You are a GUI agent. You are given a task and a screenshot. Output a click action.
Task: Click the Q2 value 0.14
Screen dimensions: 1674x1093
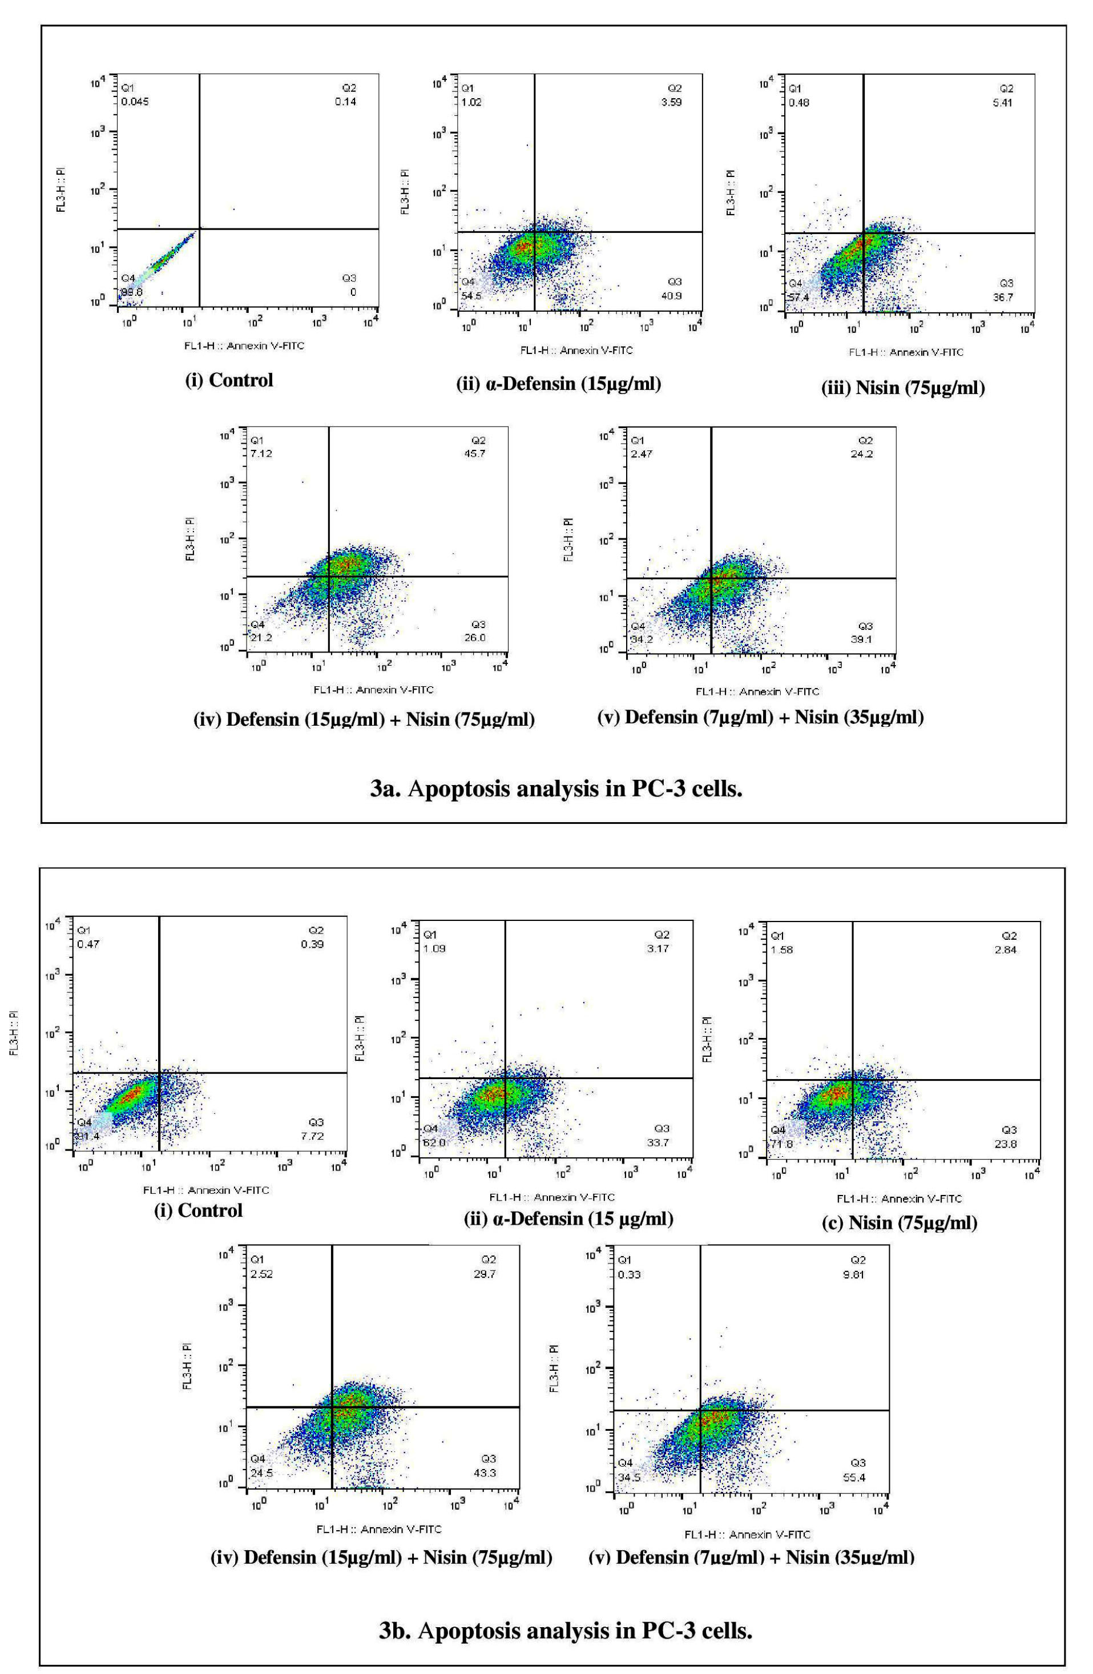pos(345,101)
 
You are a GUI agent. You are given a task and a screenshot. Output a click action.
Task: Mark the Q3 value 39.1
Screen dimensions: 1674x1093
pos(862,639)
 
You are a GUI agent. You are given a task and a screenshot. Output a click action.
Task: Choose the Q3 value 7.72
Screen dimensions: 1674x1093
pos(312,1135)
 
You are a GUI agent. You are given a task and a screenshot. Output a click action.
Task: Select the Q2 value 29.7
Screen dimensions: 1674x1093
pos(485,1274)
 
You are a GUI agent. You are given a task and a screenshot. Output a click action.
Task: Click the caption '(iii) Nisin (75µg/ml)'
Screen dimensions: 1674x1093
pos(903,388)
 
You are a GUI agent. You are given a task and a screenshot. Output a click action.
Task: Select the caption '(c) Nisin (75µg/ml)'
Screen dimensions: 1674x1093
pos(900,1222)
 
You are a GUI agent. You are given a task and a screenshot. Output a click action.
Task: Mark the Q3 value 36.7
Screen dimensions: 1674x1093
pos(1003,297)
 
